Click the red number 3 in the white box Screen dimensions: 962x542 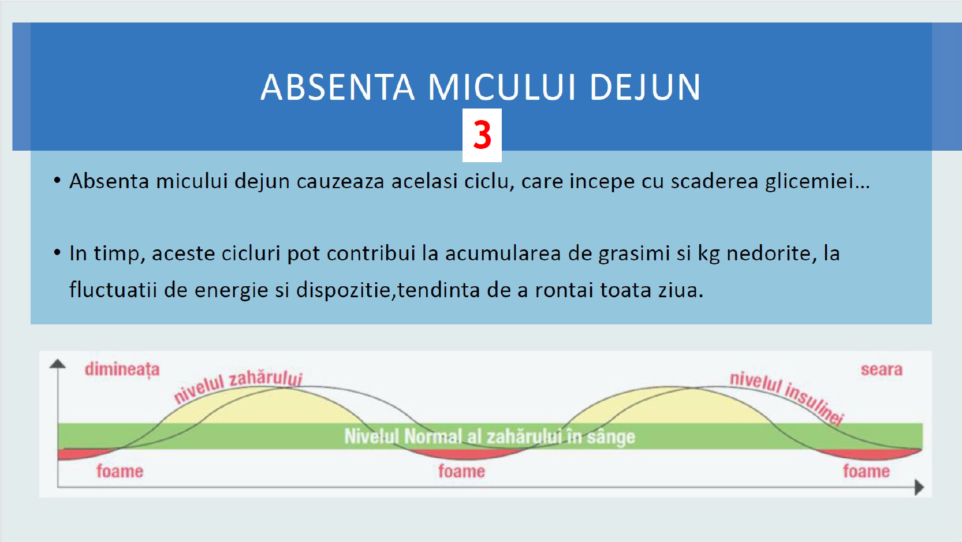(482, 134)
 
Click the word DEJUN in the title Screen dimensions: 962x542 (645, 87)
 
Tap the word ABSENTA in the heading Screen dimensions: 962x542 (338, 87)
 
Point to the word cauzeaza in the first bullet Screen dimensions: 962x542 (341, 181)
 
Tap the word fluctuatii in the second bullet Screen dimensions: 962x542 (113, 290)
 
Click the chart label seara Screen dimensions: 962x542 (882, 369)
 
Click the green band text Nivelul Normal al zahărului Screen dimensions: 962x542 (490, 436)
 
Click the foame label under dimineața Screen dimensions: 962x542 (120, 471)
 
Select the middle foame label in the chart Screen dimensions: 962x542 (461, 471)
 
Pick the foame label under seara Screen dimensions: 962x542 (866, 471)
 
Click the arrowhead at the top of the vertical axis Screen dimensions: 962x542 (58, 364)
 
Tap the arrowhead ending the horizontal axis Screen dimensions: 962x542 (919, 488)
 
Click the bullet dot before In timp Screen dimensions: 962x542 (57, 253)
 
